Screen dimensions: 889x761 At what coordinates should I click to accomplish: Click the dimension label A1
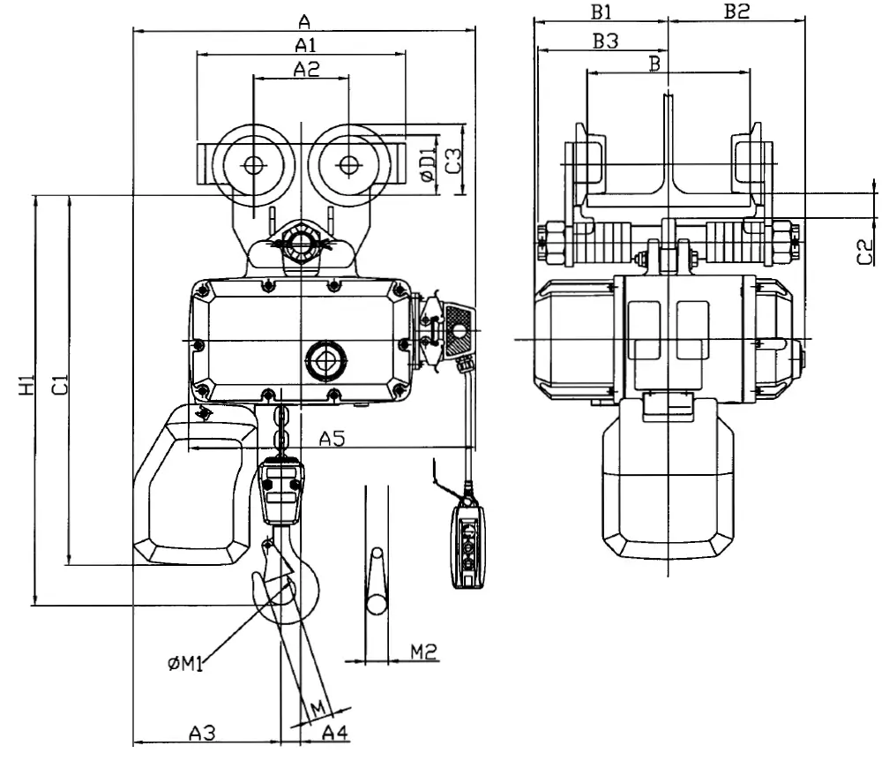pos(305,44)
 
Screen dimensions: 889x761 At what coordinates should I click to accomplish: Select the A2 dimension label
pos(306,69)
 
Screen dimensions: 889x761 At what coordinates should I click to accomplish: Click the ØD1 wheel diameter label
pos(429,164)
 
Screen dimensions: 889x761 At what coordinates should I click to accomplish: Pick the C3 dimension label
pos(452,161)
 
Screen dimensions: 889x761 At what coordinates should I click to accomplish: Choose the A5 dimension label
pos(332,438)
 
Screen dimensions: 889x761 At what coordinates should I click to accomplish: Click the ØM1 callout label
pos(185,663)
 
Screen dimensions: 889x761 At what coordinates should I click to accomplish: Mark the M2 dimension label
pos(423,652)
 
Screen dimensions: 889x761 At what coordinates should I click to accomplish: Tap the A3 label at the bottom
pos(203,733)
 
